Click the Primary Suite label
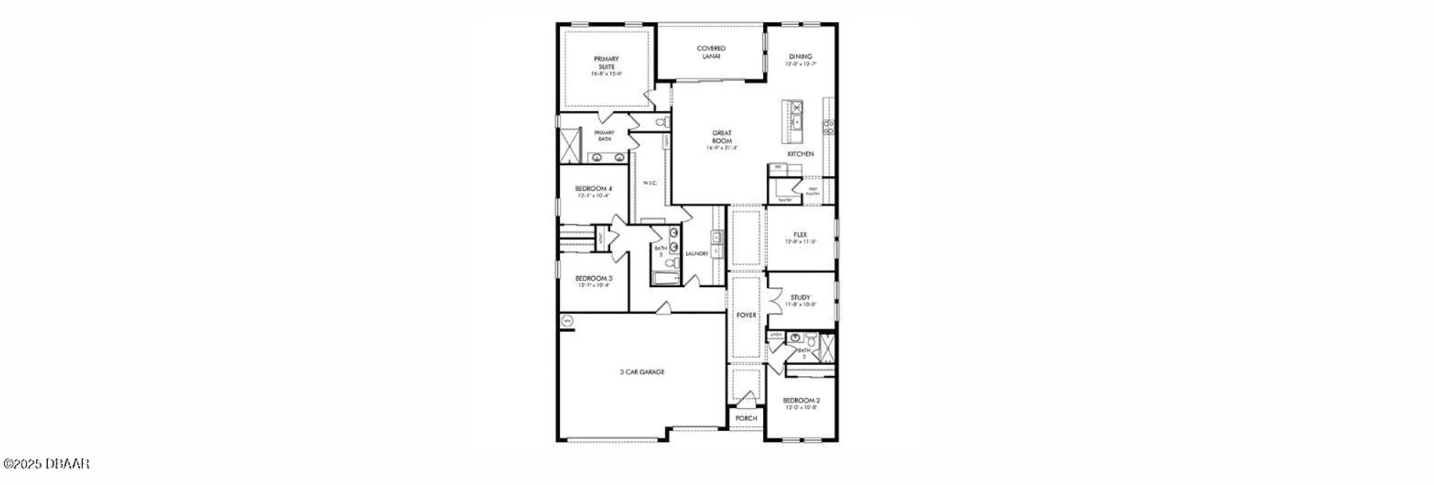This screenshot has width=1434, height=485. [x=606, y=62]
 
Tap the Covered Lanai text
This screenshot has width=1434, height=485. [x=711, y=52]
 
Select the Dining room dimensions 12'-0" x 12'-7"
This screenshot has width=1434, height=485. [x=800, y=64]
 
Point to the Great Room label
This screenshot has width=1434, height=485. [x=721, y=136]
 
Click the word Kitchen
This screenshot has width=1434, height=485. [x=800, y=154]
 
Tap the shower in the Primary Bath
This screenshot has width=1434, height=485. [x=570, y=146]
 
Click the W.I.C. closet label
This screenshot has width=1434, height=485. [x=650, y=183]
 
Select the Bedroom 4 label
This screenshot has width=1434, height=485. [x=593, y=189]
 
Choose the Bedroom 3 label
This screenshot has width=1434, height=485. [x=593, y=278]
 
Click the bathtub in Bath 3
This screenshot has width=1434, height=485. [x=665, y=278]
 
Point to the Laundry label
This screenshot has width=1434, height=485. [x=696, y=254]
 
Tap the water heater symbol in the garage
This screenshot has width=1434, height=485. [x=567, y=321]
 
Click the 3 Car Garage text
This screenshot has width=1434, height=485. [x=642, y=372]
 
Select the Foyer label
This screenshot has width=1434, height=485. [x=746, y=315]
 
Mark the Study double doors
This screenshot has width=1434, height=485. [x=773, y=301]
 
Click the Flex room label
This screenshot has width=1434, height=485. [x=800, y=235]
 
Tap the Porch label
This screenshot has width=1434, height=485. [x=746, y=418]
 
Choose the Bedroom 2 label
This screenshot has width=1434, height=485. [x=801, y=400]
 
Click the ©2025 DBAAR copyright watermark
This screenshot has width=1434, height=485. [x=46, y=464]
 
